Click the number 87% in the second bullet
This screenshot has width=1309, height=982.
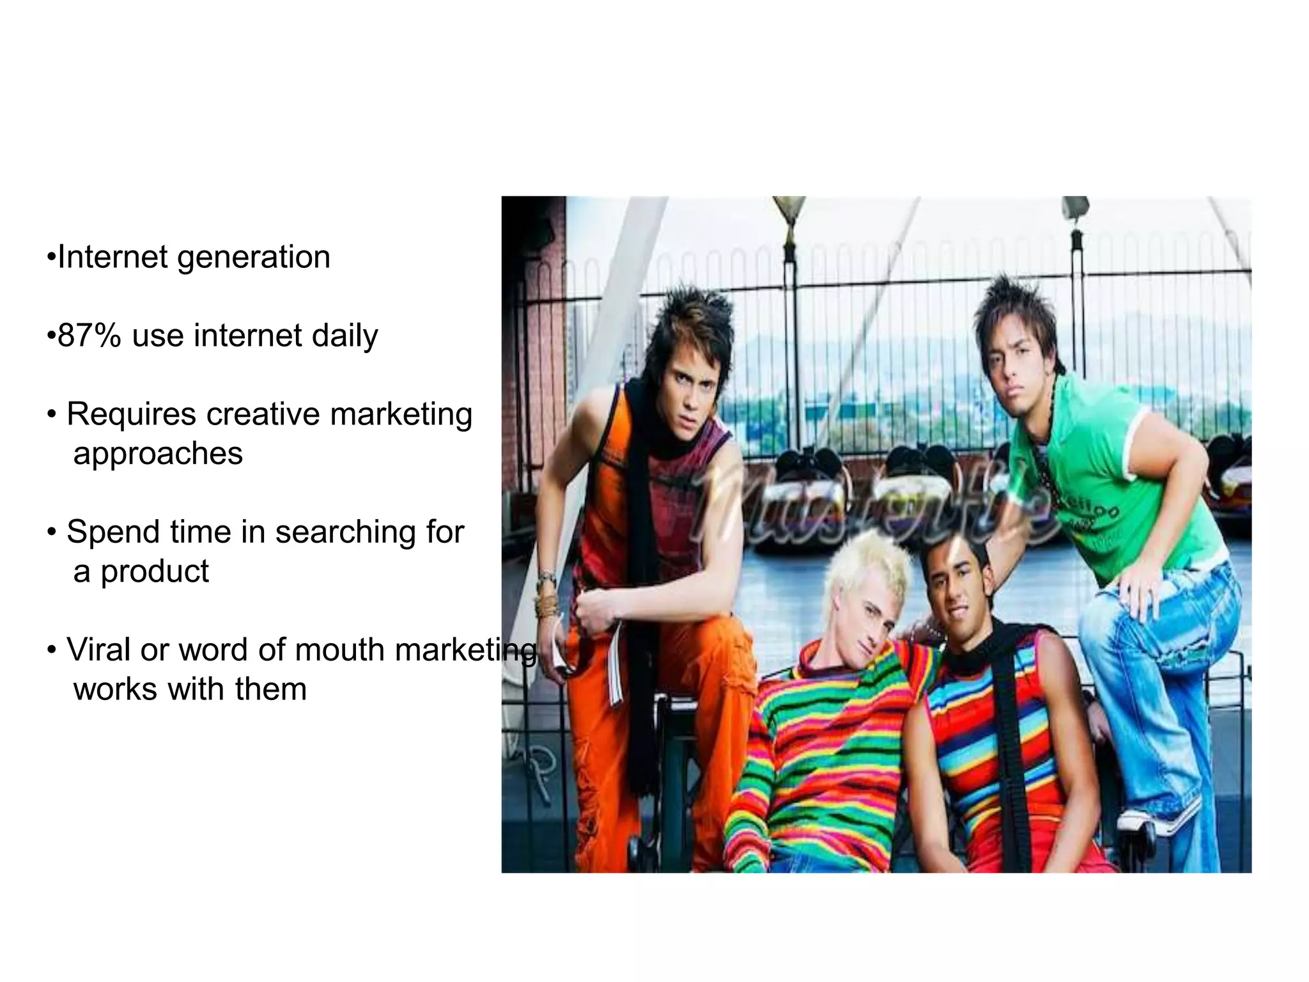point(89,336)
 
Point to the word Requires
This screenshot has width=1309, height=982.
point(131,414)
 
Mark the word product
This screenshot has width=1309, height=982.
point(155,572)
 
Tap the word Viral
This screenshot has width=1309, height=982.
point(98,650)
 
